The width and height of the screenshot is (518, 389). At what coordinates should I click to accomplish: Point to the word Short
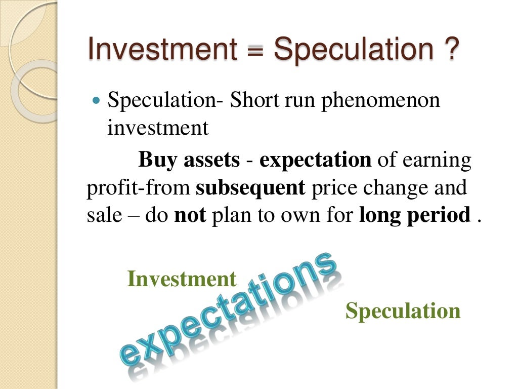(x=254, y=100)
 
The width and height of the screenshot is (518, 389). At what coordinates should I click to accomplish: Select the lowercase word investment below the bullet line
(x=158, y=128)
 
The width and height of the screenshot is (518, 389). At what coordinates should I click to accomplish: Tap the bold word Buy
(x=157, y=160)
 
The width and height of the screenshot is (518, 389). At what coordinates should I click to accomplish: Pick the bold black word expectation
(x=315, y=161)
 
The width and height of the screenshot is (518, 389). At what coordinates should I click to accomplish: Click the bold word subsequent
(x=250, y=188)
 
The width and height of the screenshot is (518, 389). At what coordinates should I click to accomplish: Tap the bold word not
(x=190, y=216)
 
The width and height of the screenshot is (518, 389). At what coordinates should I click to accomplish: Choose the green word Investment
(x=182, y=279)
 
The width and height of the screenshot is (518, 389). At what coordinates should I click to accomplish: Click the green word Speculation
(x=403, y=310)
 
